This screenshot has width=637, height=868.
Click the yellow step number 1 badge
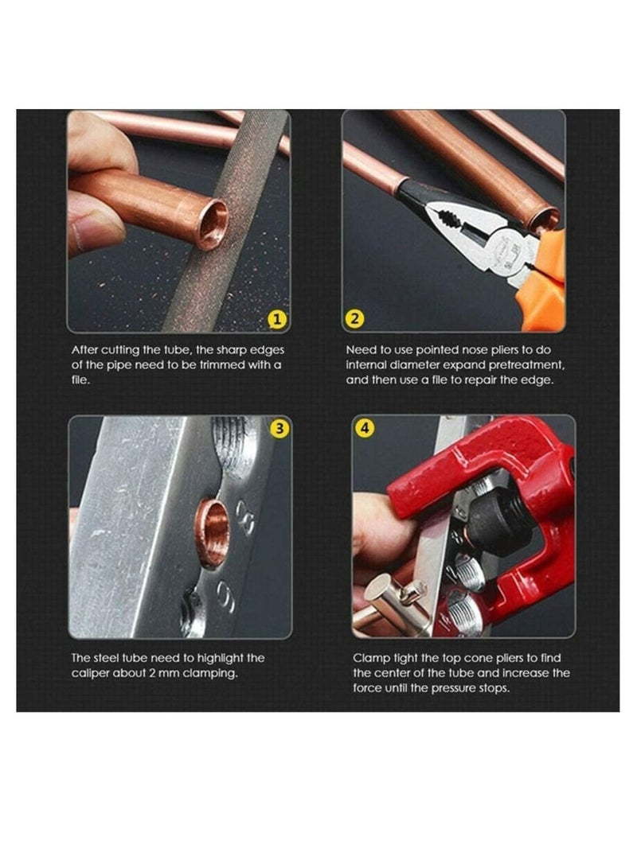[x=276, y=320]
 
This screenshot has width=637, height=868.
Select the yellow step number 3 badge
[x=279, y=428]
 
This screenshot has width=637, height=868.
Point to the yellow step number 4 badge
[x=365, y=428]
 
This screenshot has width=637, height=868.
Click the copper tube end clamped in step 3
[x=213, y=533]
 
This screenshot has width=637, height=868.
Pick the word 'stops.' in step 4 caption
[x=490, y=688]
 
